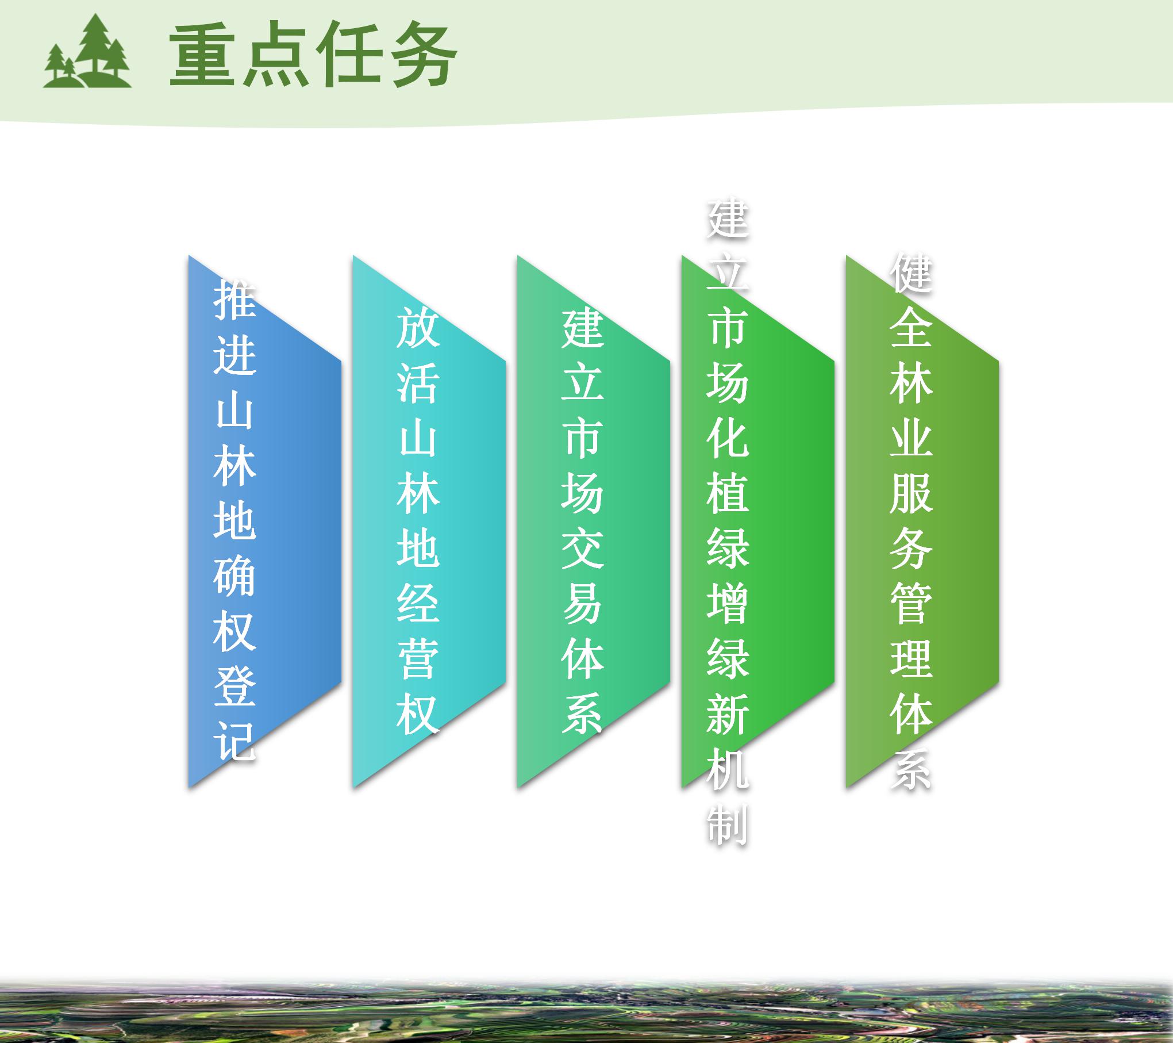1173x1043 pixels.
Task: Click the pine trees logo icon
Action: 87,51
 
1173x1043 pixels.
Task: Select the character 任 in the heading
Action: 350,56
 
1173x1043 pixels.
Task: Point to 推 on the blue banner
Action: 234,299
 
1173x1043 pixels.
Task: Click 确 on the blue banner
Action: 234,576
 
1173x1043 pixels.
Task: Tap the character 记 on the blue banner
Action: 234,742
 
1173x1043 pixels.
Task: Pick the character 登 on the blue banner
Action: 234,687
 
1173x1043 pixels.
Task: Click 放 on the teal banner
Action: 418,327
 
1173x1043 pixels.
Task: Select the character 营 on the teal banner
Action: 418,659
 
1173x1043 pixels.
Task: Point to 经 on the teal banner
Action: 418,604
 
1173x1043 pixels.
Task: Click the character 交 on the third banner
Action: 582,549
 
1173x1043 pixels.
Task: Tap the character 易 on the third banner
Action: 582,604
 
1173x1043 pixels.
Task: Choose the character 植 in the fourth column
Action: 728,493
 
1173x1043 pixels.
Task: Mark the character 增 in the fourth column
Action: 728,604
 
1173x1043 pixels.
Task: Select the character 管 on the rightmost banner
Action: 911,604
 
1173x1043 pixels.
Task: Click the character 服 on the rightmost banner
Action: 911,493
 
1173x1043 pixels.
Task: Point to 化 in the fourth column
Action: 728,438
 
